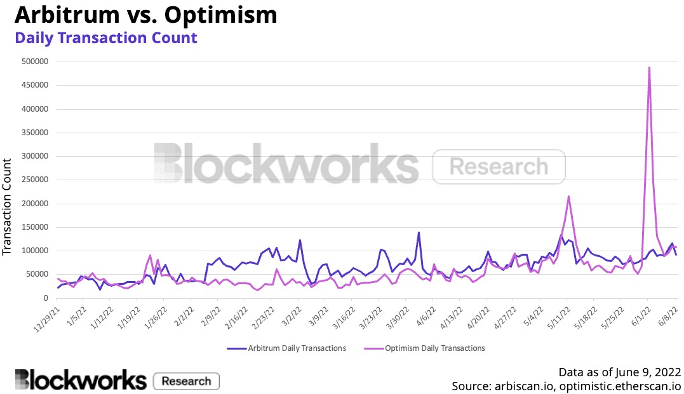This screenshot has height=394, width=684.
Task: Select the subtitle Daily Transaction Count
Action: pyautogui.click(x=105, y=37)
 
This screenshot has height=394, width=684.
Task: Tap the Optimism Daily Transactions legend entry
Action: pyautogui.click(x=426, y=348)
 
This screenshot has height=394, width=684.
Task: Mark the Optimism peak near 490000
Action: pyautogui.click(x=649, y=67)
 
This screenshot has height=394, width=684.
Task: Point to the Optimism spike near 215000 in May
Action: pyautogui.click(x=568, y=197)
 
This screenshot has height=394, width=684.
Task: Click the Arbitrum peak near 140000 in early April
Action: pyautogui.click(x=419, y=232)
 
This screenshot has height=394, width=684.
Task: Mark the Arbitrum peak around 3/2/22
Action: pyautogui.click(x=300, y=240)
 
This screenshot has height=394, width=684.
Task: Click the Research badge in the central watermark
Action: pyautogui.click(x=499, y=166)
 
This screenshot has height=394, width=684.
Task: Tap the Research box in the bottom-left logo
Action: pyautogui.click(x=186, y=381)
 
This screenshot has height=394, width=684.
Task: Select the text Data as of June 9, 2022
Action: pyautogui.click(x=619, y=372)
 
